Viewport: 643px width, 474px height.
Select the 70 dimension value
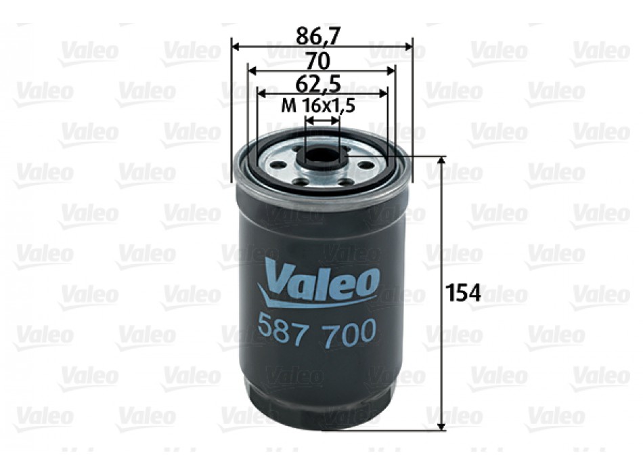tap(318, 60)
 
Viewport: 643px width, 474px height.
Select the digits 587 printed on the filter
tap(282, 331)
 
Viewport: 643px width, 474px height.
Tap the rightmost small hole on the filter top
tap(366, 165)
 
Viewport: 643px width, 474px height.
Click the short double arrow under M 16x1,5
tap(322, 121)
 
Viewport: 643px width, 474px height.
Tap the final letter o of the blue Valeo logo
tap(366, 284)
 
